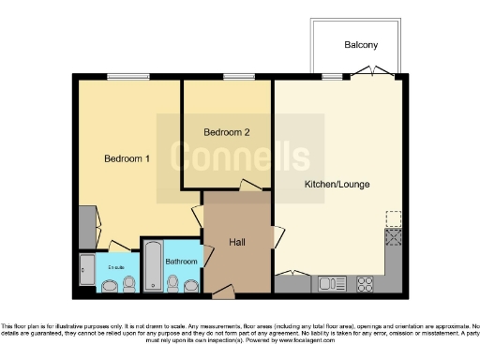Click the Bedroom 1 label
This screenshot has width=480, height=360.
[127, 158]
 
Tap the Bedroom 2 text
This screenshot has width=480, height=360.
[227, 133]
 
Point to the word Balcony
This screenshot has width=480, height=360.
[360, 45]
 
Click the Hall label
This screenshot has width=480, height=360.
[237, 242]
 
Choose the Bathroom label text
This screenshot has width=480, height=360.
[181, 261]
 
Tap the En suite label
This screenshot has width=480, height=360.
[115, 268]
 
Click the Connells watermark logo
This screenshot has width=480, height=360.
[239, 156]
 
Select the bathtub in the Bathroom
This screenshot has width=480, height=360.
[150, 267]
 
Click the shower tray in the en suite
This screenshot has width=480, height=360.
[87, 271]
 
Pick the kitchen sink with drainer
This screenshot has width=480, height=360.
[332, 282]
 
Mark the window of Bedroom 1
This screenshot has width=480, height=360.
[122, 77]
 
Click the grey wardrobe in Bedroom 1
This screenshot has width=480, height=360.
[86, 224]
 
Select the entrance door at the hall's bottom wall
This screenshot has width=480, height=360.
[222, 293]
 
